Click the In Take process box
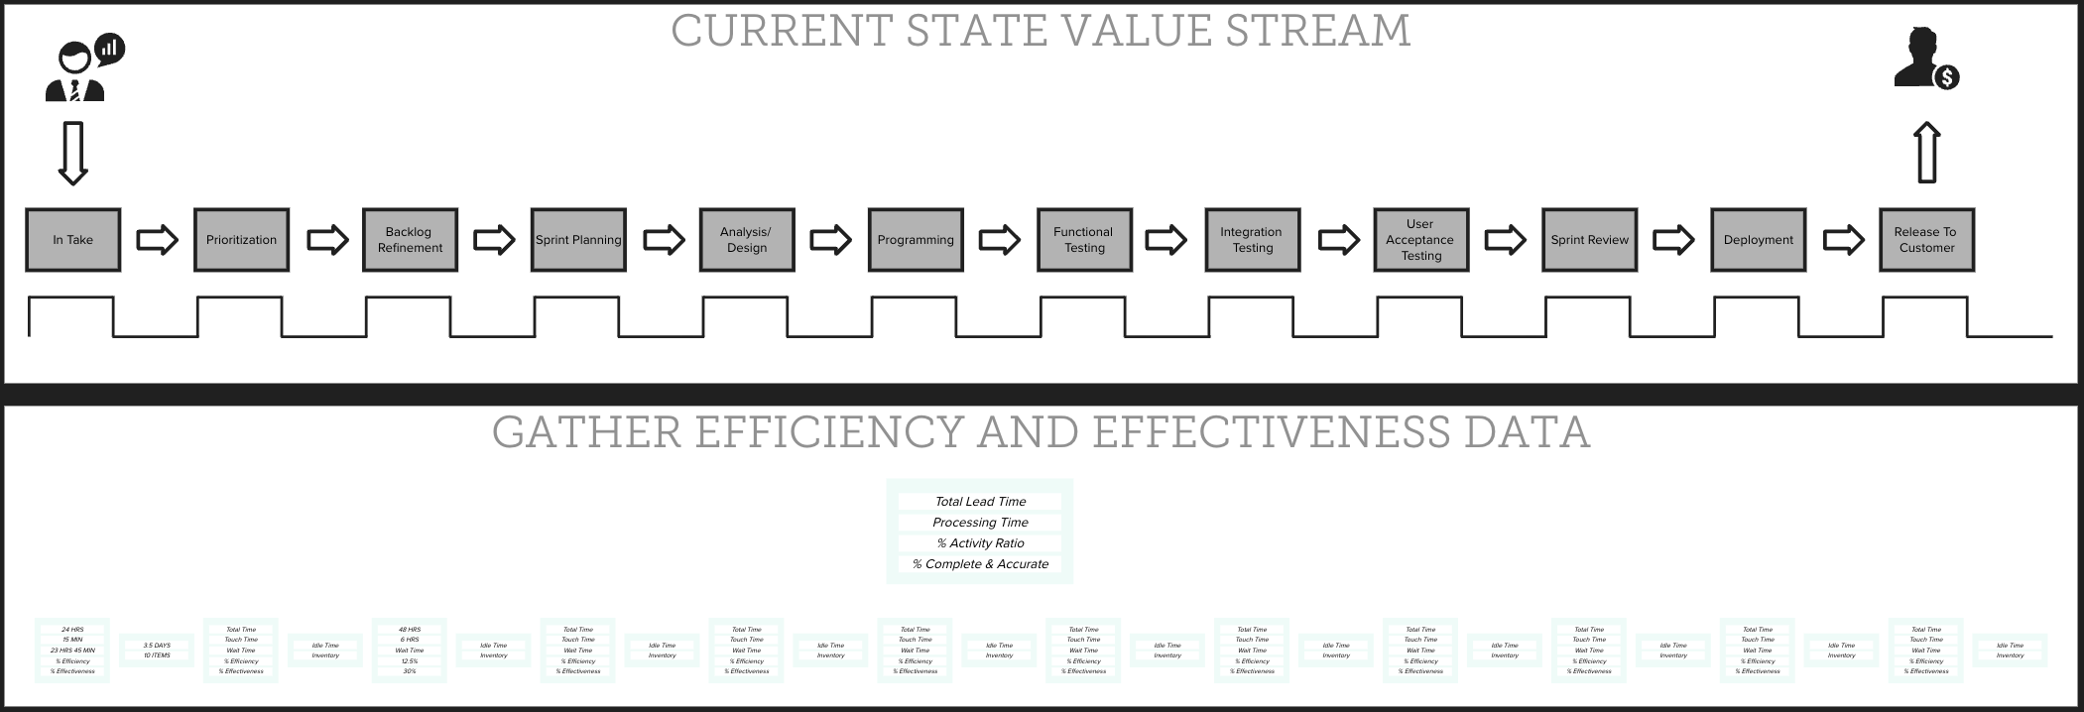[x=72, y=240]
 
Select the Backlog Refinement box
[x=410, y=240]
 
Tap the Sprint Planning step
[x=578, y=240]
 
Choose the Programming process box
[x=916, y=240]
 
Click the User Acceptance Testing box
[x=1420, y=240]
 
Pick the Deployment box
[x=1758, y=240]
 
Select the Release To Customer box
[x=1925, y=240]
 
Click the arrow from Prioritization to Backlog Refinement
[x=327, y=240]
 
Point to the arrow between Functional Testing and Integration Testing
[x=1166, y=240]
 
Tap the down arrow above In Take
[x=72, y=153]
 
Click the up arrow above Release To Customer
[x=1926, y=153]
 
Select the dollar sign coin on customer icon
[x=1947, y=77]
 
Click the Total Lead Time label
[x=980, y=502]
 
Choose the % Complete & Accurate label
[x=980, y=564]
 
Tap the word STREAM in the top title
[x=1317, y=31]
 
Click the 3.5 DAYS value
[x=157, y=646]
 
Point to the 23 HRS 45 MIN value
[x=72, y=651]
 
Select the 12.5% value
[x=410, y=661]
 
